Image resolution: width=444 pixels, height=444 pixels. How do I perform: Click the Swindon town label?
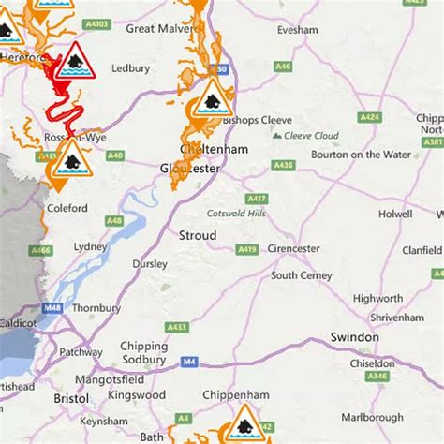click(355, 336)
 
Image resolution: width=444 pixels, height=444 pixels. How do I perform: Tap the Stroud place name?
click(197, 235)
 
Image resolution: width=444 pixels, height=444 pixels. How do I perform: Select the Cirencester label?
click(295, 248)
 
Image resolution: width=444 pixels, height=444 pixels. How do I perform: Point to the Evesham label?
click(298, 29)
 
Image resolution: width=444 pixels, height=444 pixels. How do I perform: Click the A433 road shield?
click(175, 327)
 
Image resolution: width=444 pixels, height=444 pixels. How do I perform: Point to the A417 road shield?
click(256, 199)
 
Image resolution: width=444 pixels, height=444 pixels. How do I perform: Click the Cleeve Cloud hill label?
click(309, 136)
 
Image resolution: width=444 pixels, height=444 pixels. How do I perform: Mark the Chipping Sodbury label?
click(143, 351)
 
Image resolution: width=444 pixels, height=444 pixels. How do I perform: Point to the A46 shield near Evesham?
click(283, 67)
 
